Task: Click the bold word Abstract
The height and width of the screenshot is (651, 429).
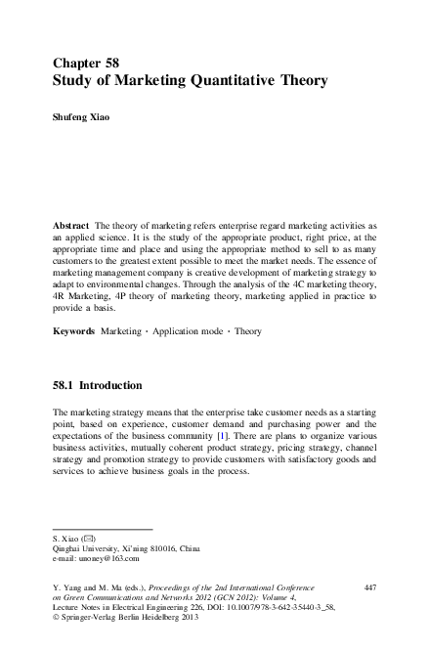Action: click(72, 224)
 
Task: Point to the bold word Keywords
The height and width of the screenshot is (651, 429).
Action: click(74, 331)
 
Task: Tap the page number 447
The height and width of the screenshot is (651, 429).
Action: click(369, 586)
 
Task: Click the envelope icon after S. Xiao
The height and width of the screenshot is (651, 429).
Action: click(91, 539)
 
